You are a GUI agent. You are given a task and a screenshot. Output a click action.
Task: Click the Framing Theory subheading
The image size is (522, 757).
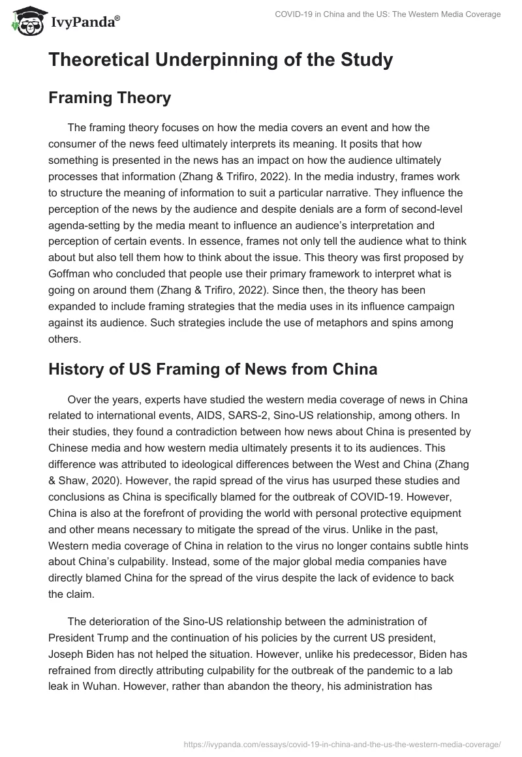pos(110,98)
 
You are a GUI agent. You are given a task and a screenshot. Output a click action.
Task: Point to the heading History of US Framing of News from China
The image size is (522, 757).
pos(213,369)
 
